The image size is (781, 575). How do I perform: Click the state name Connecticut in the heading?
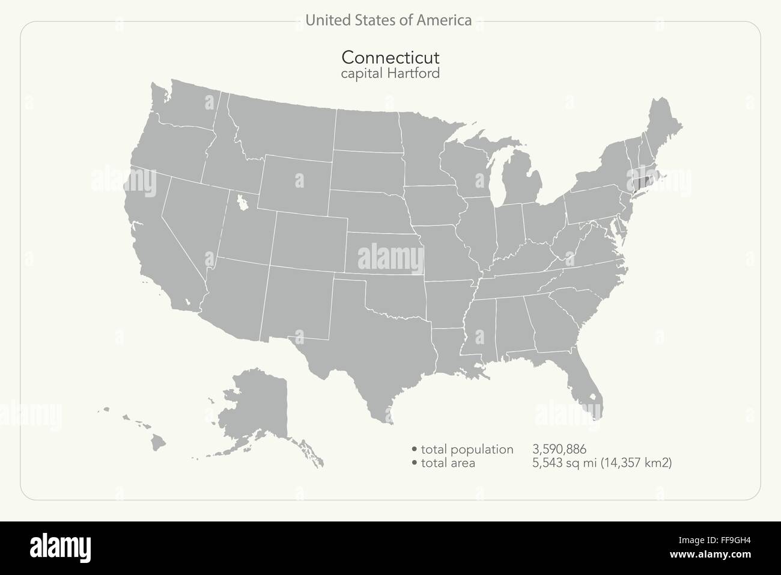point(390,58)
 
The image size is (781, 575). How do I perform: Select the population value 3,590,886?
point(559,449)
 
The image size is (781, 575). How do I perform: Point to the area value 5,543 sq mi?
point(562,463)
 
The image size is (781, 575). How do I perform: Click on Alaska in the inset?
point(258,409)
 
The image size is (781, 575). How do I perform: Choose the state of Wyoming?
point(296,183)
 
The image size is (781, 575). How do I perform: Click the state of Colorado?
point(309,241)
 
